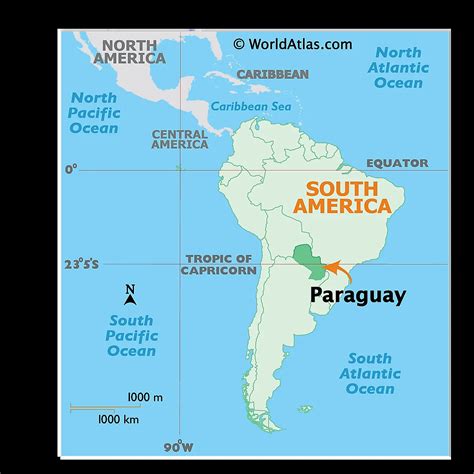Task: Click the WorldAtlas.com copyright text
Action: [292, 43]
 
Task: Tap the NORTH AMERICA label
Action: [130, 52]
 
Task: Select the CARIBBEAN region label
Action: [272, 74]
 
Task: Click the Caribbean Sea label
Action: [251, 106]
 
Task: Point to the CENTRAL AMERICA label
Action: [180, 139]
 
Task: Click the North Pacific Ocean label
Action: [94, 113]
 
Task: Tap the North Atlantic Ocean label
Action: [398, 67]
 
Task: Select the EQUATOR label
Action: [397, 163]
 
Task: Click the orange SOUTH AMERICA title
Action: [342, 197]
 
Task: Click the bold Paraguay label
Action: [358, 295]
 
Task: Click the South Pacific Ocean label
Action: [132, 335]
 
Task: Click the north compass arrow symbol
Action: [130, 294]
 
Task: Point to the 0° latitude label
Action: [71, 170]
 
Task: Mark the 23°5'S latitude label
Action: [81, 264]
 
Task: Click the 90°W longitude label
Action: [180, 444]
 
